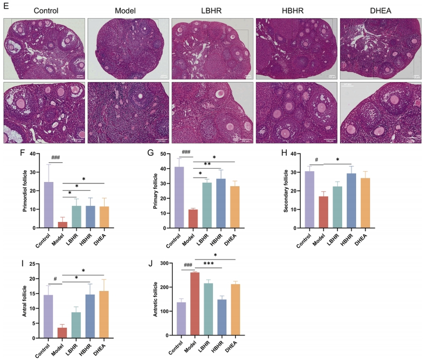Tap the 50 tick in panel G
point(168,154)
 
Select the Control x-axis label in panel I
point(45,349)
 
